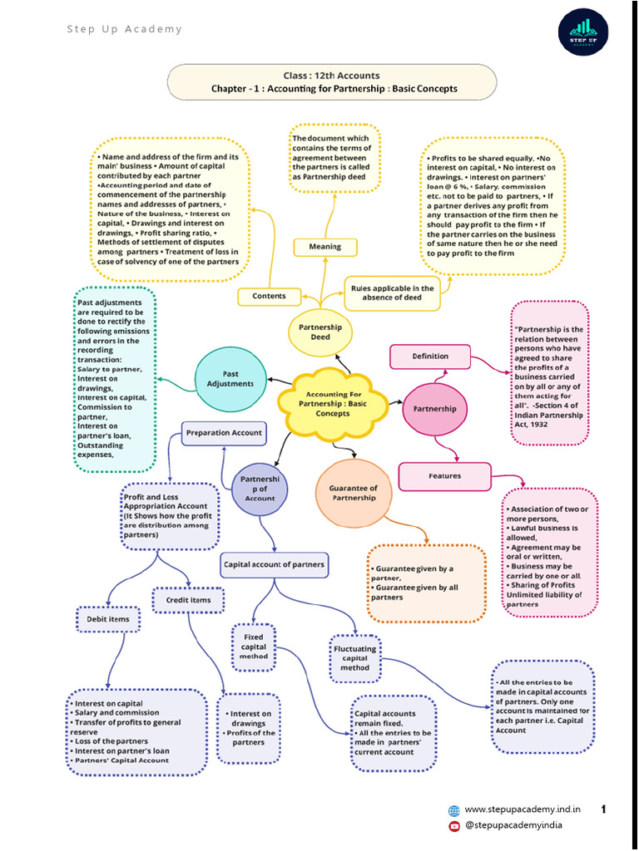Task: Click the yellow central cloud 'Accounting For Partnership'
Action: [x=333, y=402]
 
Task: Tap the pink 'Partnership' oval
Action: [x=434, y=409]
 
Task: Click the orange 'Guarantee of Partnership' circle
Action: [x=354, y=493]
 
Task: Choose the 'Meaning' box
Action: [x=324, y=247]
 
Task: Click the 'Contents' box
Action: [x=269, y=296]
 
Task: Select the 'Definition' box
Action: [x=430, y=357]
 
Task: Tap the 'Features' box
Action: [x=444, y=476]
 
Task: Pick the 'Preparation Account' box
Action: [x=224, y=433]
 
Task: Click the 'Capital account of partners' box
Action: [x=274, y=565]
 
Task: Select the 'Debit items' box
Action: [x=108, y=619]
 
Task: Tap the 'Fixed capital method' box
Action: [x=254, y=646]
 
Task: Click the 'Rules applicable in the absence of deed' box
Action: [x=391, y=293]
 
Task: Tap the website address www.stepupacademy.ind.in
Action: [x=523, y=809]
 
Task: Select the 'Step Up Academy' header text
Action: [x=124, y=30]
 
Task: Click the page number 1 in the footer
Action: [x=603, y=809]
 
